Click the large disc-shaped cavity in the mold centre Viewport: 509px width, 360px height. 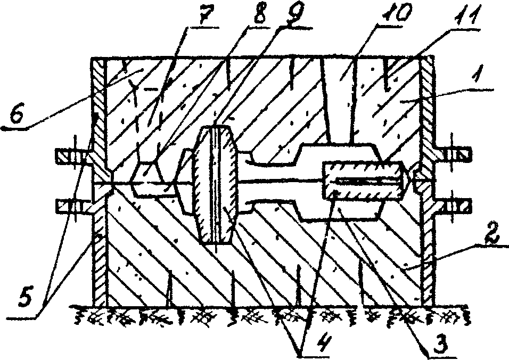(x=216, y=184)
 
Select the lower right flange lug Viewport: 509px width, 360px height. (x=454, y=204)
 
